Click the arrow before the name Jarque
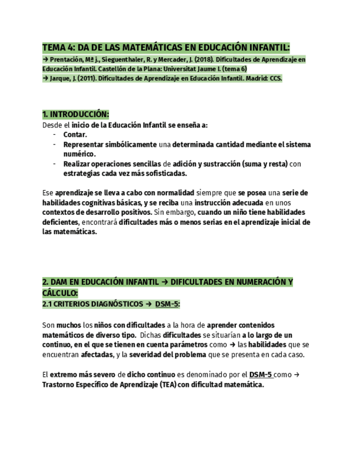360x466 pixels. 46,79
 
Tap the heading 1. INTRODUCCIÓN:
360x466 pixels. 75,114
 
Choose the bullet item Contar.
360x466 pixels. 75,135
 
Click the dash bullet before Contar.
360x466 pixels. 54,135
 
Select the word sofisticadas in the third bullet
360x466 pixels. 163,174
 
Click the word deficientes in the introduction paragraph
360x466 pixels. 60,222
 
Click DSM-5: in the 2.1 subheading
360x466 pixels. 168,304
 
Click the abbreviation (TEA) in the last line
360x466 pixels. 170,385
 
